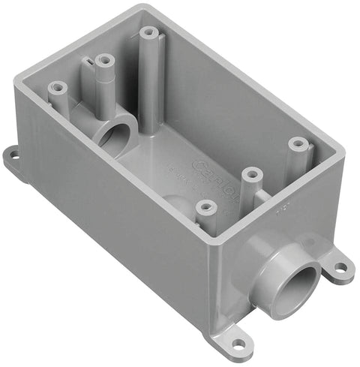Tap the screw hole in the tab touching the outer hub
tap(339, 266)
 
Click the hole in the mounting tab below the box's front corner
tap(238, 344)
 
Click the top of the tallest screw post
tap(148, 33)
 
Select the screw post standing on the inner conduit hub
tap(104, 59)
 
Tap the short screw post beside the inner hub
tap(58, 88)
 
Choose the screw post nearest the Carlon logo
tap(250, 174)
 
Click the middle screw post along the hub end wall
tap(250, 174)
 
